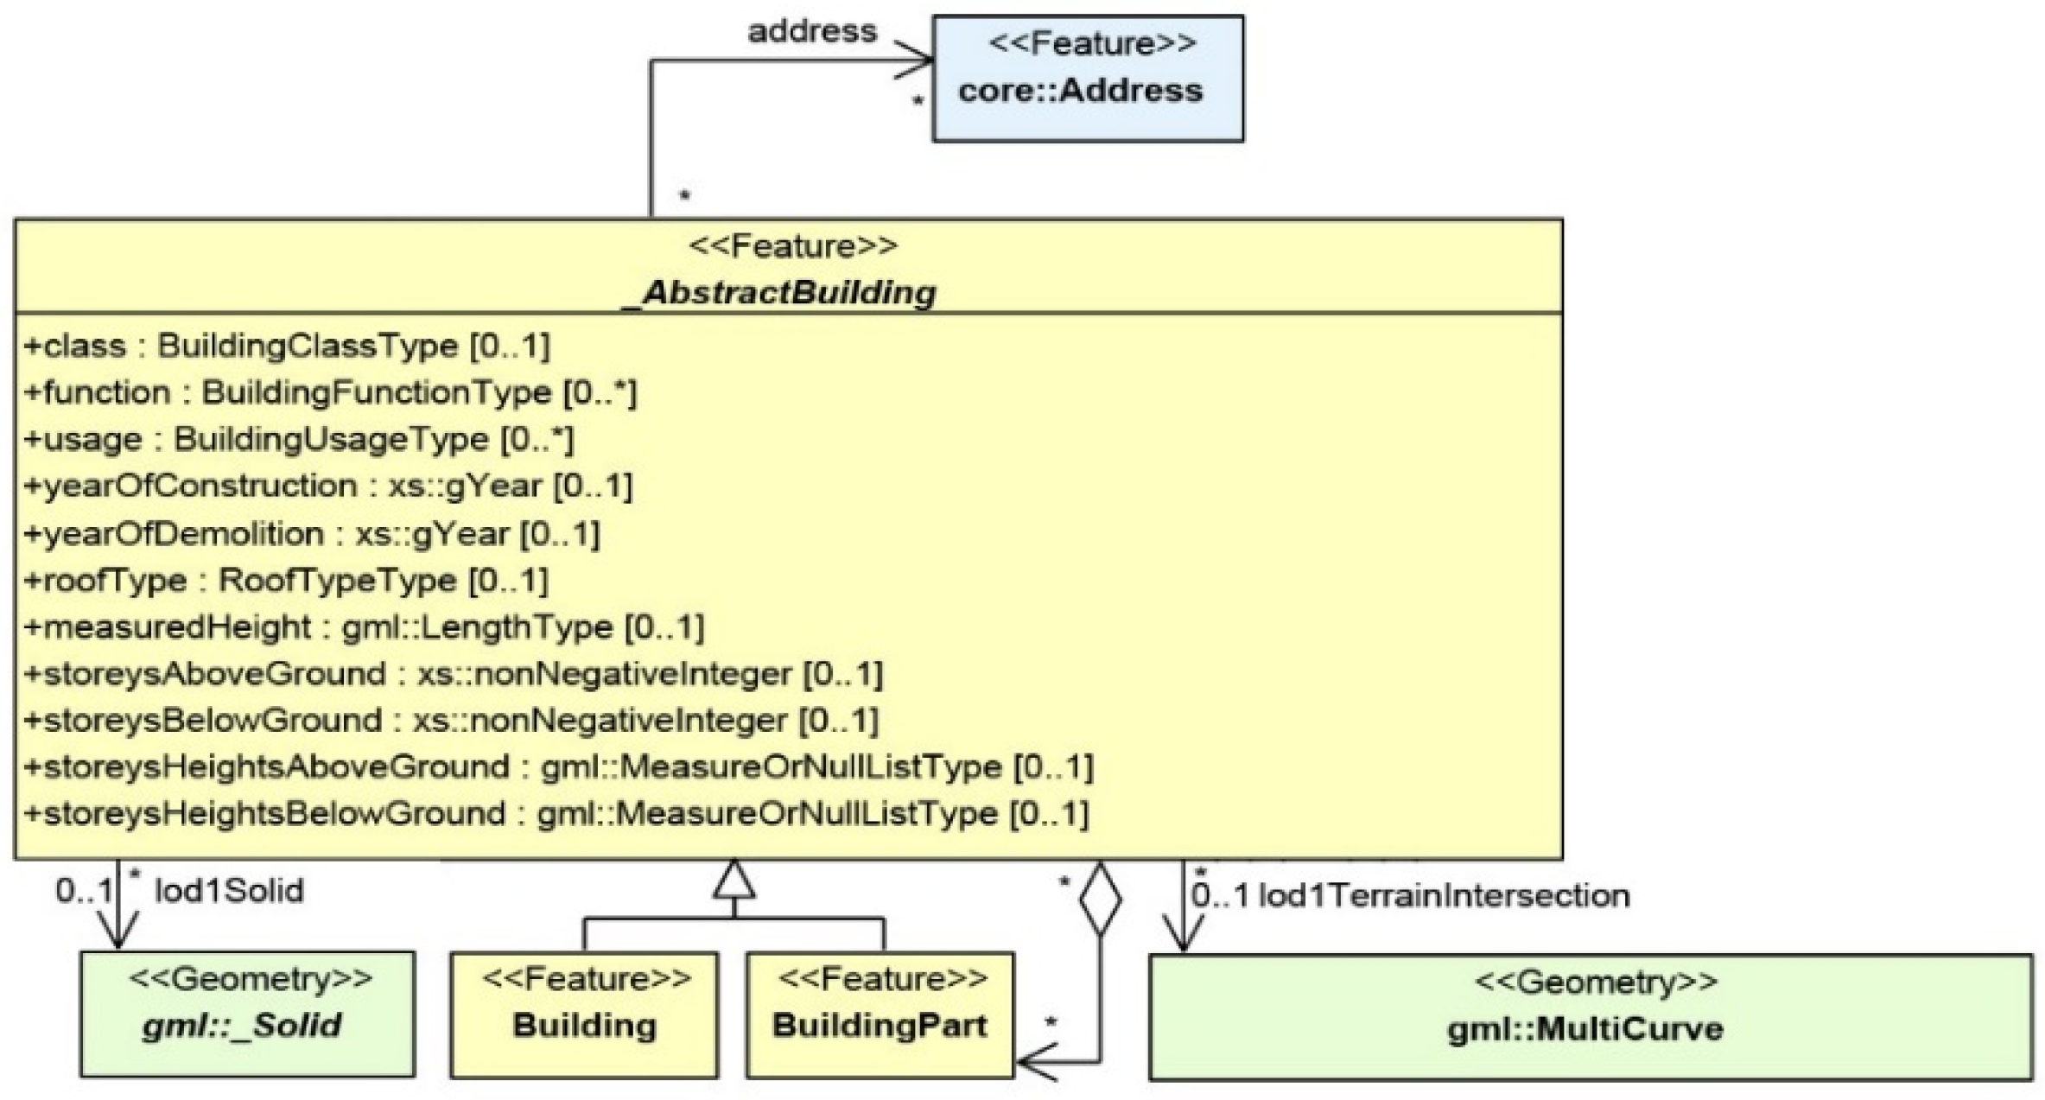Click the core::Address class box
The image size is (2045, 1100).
(x=1088, y=78)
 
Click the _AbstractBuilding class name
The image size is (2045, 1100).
(x=780, y=292)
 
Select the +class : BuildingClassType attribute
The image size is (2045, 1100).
(x=286, y=346)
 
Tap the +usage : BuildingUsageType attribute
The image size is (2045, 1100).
(x=298, y=439)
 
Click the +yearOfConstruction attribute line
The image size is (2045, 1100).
(x=327, y=486)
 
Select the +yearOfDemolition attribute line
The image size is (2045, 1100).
(x=311, y=533)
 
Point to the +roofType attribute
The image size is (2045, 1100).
(x=286, y=580)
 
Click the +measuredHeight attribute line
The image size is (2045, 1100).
(x=364, y=626)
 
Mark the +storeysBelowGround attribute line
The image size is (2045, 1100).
(x=450, y=720)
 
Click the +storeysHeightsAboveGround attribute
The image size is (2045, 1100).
(x=558, y=766)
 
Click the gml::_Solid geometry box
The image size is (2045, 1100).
(x=247, y=1014)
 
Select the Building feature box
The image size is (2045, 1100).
(x=584, y=1014)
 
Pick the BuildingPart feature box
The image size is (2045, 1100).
(x=880, y=1014)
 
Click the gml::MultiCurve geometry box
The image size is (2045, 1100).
(x=1590, y=1016)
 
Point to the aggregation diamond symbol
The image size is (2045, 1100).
(x=1100, y=899)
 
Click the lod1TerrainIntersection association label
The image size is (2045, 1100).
(x=1443, y=896)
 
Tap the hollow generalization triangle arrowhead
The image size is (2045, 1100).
(x=734, y=881)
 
